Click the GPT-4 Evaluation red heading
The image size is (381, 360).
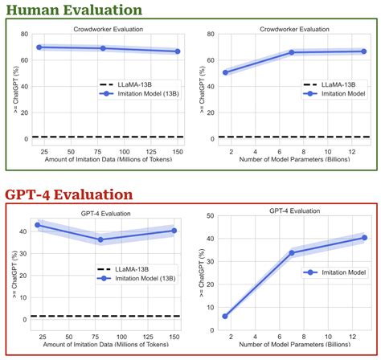point(68,194)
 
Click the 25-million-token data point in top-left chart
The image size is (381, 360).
point(39,47)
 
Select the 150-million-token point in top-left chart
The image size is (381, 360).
point(177,51)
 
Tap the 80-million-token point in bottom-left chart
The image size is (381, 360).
point(101,239)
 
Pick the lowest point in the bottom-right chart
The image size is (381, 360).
point(225,316)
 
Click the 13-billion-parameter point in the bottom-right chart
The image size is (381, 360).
point(364,238)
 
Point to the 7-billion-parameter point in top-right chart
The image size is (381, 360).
point(292,52)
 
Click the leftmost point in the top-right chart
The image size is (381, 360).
point(225,72)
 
